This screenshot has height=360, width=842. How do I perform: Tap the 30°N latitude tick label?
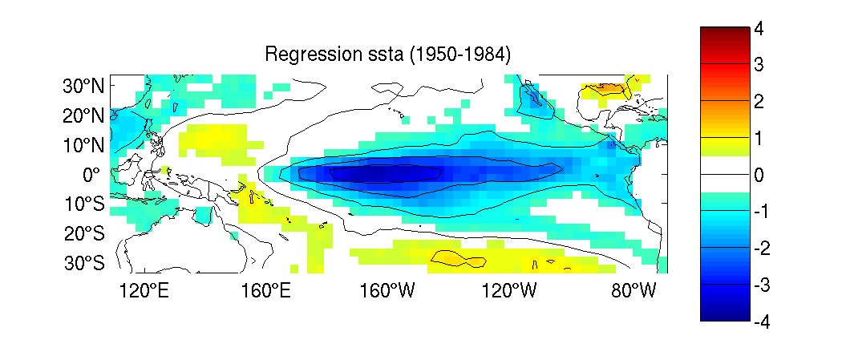(x=83, y=86)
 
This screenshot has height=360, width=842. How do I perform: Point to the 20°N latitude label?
(x=83, y=115)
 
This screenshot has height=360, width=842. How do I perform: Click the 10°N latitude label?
(x=83, y=145)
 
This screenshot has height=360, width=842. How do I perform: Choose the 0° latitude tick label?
(x=91, y=174)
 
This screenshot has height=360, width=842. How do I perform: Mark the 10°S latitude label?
(x=83, y=204)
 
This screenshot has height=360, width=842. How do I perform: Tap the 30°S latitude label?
(x=83, y=264)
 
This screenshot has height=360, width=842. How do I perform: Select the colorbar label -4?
(x=762, y=322)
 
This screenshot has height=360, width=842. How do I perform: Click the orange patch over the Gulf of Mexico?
(x=609, y=87)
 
